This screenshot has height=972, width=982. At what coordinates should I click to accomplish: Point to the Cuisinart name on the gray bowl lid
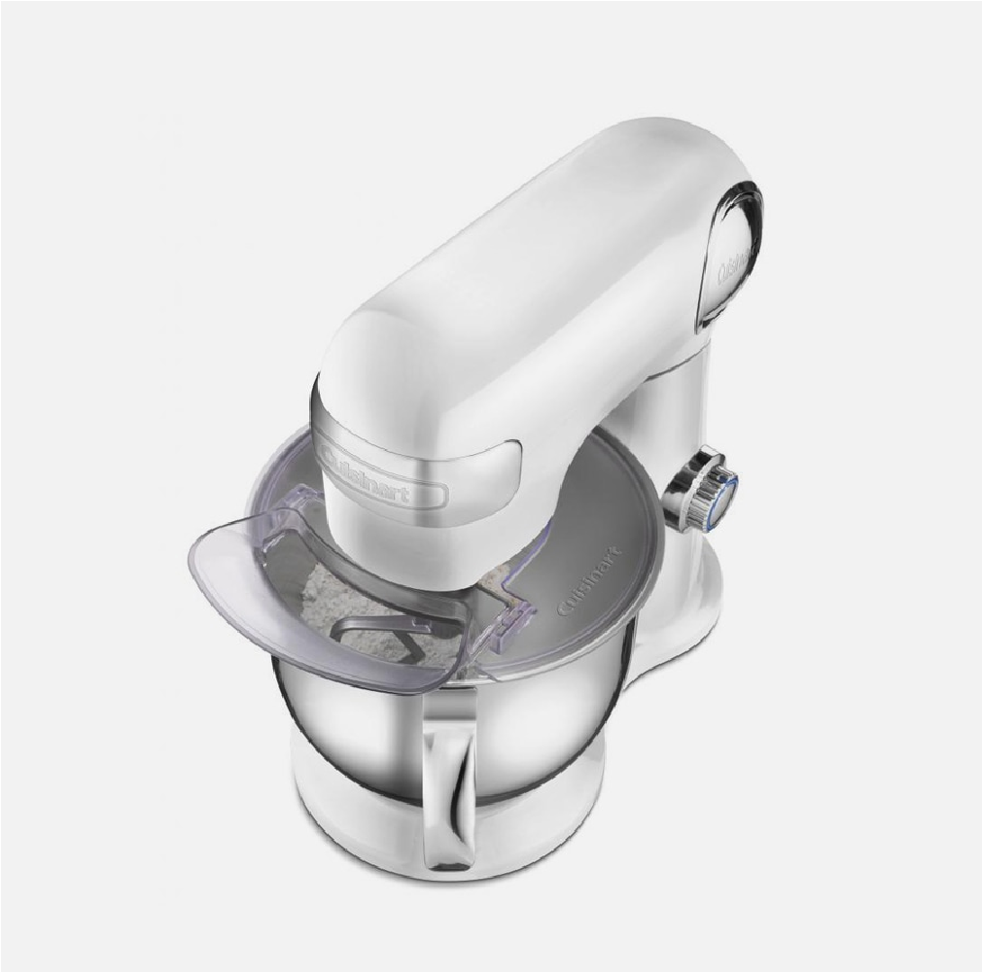588,580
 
